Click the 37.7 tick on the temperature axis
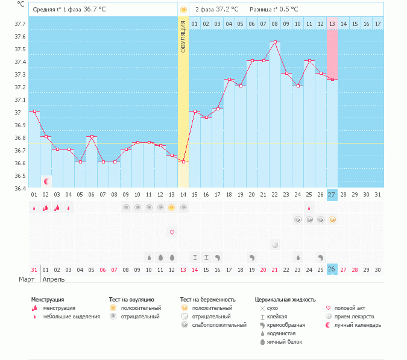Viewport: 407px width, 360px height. tap(20, 24)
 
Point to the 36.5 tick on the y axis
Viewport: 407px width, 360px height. tap(20, 176)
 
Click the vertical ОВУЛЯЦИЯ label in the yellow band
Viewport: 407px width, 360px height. tap(183, 36)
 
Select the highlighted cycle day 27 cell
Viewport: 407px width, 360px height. tap(332, 194)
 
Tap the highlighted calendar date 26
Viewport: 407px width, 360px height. tap(332, 269)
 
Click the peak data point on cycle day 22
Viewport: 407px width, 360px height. tap(275, 42)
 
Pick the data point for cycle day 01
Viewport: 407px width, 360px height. tap(34, 112)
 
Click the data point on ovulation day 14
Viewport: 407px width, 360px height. tap(183, 162)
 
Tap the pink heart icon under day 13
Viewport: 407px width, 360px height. tap(172, 232)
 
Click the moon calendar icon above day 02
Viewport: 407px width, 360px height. tap(46, 181)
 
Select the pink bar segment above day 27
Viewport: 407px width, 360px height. tap(332, 54)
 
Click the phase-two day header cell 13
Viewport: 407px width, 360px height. tap(332, 24)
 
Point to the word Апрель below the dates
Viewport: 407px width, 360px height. tap(54, 279)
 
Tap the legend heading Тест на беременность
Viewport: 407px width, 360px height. tap(207, 299)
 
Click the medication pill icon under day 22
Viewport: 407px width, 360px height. tap(275, 245)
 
